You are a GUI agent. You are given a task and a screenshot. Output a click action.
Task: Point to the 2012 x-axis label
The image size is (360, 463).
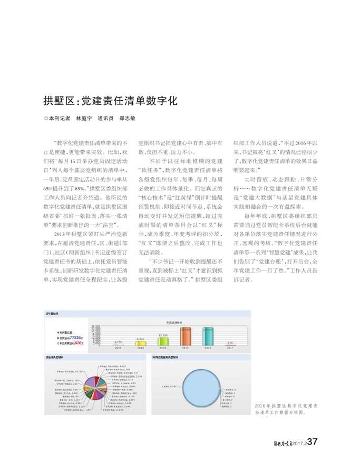pos(118,349)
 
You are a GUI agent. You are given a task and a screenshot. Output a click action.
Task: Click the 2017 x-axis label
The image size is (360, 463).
pos(230,349)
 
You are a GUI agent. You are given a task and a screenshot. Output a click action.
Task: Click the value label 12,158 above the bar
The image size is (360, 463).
pos(163,335)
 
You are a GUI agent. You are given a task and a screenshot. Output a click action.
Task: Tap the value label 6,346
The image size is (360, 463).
pos(141,338)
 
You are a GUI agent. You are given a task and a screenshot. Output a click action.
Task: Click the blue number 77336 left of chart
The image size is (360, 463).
pos(75,336)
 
